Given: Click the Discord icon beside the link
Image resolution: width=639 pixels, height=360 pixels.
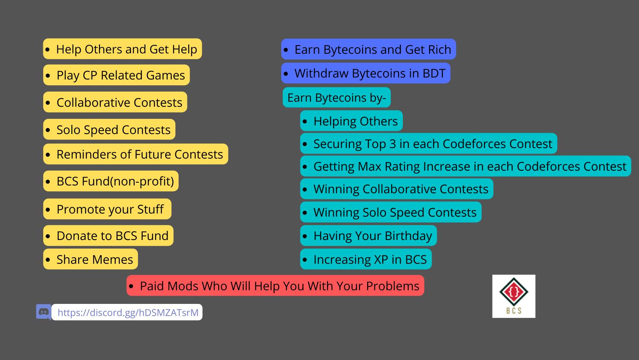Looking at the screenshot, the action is pos(44,312).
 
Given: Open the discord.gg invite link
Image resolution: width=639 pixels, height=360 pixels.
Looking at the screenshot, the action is pos(128,312).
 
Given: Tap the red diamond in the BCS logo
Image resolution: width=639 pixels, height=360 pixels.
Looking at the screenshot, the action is pos(514,292).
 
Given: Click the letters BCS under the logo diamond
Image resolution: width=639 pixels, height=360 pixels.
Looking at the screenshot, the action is pos(514,311).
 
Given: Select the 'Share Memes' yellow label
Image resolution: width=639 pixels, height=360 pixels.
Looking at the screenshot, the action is pos(90,259).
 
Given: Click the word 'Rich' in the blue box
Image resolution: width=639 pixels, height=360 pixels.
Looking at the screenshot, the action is pos(440,49).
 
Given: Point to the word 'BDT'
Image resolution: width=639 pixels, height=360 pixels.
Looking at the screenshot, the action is pos(434,73).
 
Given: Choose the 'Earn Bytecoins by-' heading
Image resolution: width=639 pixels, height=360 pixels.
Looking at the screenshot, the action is pos(337,97).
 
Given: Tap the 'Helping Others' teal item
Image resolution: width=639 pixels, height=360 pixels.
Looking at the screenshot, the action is pos(351,121).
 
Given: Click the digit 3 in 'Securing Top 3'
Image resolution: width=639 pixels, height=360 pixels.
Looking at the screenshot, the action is pos(392,144).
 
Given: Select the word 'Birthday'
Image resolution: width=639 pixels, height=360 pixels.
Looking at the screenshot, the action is pos(408,236).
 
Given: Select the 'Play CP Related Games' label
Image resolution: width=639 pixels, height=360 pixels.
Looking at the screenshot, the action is pos(117,75).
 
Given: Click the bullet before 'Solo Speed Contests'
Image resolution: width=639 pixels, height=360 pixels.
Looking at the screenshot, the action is pos(48,130).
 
